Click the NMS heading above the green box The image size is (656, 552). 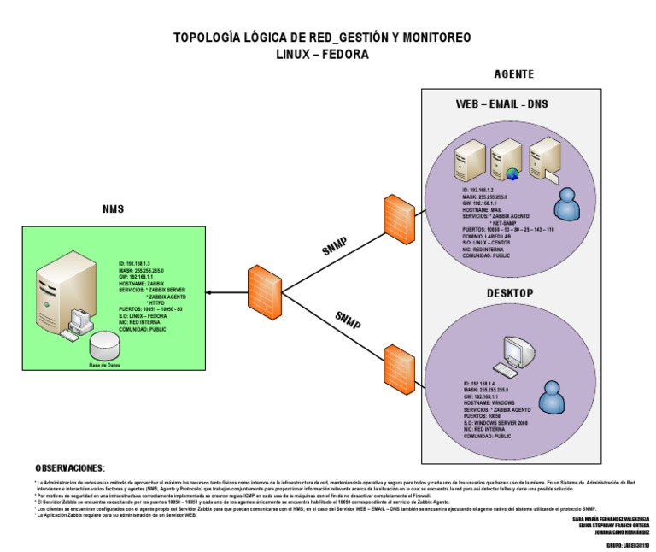pos(112,209)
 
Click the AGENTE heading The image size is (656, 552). pos(514,73)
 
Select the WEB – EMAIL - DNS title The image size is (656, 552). pos(502,105)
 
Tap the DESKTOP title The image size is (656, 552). pos(510,293)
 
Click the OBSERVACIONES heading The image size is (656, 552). pos(70,468)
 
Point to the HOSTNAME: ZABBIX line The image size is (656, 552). pos(142,283)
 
